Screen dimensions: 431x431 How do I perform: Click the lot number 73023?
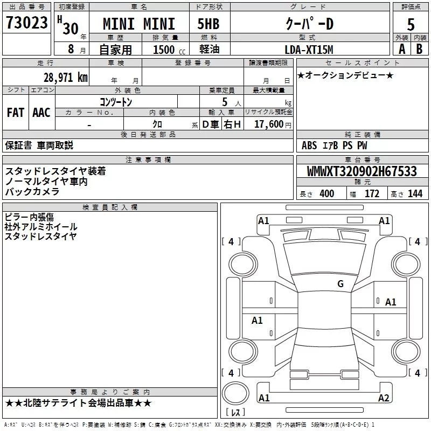pos(26,23)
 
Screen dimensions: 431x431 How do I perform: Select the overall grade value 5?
pos(411,25)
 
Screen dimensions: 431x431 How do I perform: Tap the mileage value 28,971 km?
pos(66,78)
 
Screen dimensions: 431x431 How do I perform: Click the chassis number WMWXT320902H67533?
pos(362,171)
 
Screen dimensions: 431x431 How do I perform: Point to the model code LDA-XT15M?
pos(309,50)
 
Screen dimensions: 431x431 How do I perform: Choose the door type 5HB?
pos(208,24)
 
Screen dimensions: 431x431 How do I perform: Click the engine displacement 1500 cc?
pos(169,50)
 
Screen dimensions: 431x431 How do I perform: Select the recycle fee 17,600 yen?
pos(273,124)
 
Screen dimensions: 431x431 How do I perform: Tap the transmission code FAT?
pos(16,113)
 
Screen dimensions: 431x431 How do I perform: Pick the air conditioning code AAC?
pos(41,113)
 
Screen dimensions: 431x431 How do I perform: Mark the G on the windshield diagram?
pos(340,284)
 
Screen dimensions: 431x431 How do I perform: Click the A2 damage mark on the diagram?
pos(384,398)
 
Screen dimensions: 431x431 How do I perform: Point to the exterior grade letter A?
pos(402,49)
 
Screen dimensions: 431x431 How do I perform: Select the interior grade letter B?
pos(419,49)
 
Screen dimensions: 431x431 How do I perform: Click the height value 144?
pos(415,193)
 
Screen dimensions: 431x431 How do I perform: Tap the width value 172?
pos(372,193)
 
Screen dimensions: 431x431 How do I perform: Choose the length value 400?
pos(327,193)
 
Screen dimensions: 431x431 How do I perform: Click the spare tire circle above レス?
pos(235,393)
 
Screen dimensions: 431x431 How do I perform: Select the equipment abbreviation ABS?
pos(309,145)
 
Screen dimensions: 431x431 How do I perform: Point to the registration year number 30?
pos(71,29)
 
